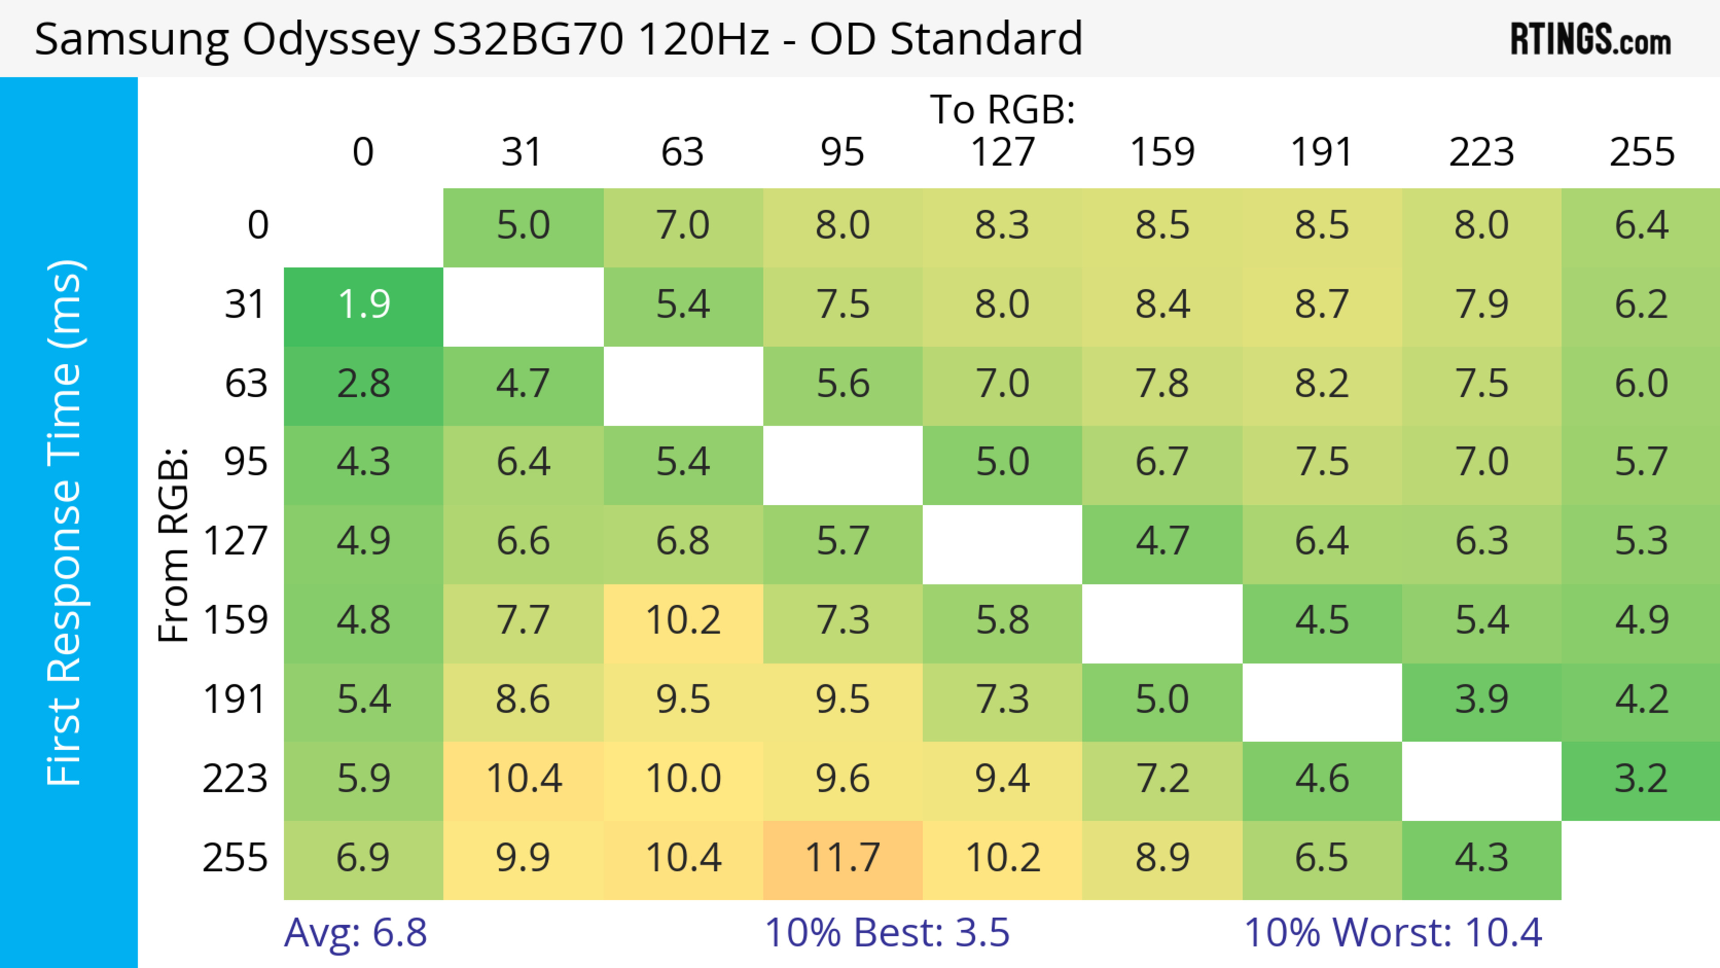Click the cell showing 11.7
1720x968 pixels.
843,859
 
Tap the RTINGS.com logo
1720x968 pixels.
1591,40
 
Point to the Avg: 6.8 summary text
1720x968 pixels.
355,933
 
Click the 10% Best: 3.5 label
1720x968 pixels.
887,933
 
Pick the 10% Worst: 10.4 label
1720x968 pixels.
1393,933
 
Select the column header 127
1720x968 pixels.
1002,152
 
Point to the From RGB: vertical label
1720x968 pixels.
174,544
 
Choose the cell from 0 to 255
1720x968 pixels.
1641,226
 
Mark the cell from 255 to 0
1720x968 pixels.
363,859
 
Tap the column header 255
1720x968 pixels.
1641,152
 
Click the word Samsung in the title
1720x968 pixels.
132,39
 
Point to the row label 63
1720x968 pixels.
246,384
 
